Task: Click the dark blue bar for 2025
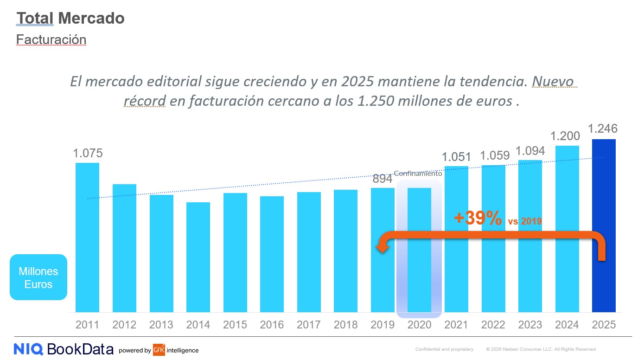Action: click(x=604, y=225)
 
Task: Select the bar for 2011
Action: click(x=87, y=237)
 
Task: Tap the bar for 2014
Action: click(x=198, y=257)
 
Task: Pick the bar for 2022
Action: click(x=493, y=238)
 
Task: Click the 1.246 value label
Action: click(x=602, y=129)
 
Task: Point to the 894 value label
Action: click(x=383, y=179)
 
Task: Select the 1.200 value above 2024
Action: click(x=565, y=136)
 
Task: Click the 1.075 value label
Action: click(x=88, y=153)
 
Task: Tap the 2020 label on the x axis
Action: click(x=419, y=325)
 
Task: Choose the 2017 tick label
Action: click(x=309, y=325)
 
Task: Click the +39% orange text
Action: click(x=478, y=219)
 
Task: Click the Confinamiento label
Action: click(x=418, y=174)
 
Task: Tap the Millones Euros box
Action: click(x=38, y=277)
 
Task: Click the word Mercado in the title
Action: click(x=91, y=18)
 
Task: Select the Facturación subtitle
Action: click(x=51, y=39)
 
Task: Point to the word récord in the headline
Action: click(x=144, y=101)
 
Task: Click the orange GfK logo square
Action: click(x=159, y=350)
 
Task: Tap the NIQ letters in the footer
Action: click(x=28, y=349)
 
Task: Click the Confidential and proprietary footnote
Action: click(x=444, y=349)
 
